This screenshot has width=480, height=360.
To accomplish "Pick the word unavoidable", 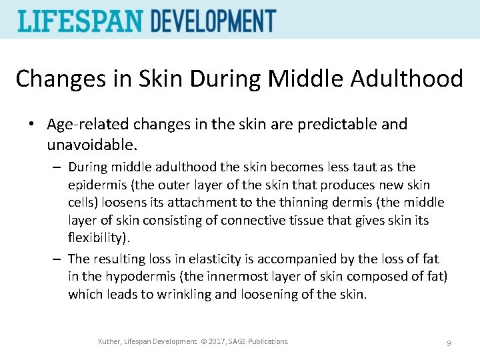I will (x=91, y=143).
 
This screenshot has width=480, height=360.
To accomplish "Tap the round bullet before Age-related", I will (x=31, y=125).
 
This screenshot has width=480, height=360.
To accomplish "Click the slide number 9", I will (x=449, y=343).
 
